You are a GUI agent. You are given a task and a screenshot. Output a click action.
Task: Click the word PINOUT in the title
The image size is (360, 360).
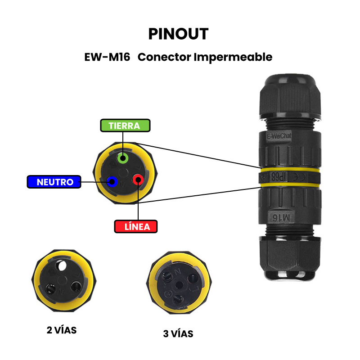click(178, 34)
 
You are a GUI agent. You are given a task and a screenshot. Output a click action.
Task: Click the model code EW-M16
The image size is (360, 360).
click(107, 57)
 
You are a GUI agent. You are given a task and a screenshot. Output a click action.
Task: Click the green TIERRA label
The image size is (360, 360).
click(125, 126)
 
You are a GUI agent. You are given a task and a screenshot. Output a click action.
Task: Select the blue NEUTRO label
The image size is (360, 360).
click(54, 182)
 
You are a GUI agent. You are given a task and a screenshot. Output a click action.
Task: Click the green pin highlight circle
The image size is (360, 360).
click(123, 158)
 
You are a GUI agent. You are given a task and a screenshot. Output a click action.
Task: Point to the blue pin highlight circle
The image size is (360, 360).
click(112, 182)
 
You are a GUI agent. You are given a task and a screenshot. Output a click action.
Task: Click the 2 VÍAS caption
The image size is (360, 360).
click(62, 330)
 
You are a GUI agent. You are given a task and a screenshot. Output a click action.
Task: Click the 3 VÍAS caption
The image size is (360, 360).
click(178, 334)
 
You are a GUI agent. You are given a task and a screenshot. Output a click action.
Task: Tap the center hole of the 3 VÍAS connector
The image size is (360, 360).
click(179, 284)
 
